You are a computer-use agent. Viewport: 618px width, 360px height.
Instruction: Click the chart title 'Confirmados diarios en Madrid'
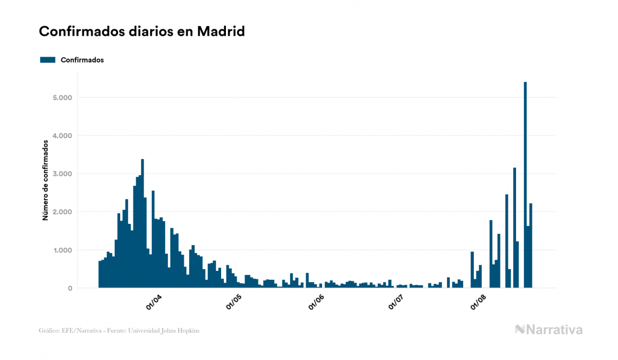(142, 32)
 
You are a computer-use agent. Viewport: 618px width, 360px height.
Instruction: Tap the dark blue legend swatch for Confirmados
(48, 60)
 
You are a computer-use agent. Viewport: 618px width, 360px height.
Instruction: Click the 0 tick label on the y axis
(69, 288)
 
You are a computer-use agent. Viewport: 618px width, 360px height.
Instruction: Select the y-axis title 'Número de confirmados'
(45, 180)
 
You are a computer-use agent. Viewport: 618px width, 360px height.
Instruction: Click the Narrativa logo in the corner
(549, 330)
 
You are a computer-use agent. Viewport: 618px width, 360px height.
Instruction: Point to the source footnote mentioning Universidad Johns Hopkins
(119, 331)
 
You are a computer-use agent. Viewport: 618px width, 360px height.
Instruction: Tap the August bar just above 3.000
(515, 228)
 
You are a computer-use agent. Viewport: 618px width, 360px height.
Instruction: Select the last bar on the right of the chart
(531, 246)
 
